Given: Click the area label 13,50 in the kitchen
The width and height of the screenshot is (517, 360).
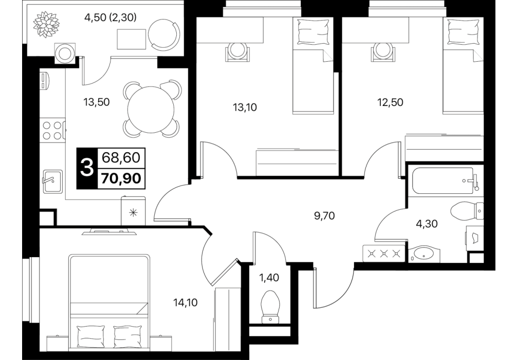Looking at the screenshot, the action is (96, 102).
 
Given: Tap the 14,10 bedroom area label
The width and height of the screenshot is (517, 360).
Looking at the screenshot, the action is (186, 302).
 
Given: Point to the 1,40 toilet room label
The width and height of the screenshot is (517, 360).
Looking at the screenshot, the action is (269, 278).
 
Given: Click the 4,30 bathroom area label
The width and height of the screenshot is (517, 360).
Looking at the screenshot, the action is (427, 224).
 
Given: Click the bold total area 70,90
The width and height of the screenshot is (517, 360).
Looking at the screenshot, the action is (122, 178).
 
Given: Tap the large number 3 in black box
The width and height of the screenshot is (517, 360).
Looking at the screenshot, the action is (87, 168).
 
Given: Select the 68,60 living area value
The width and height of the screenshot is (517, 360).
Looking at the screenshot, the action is (121, 158).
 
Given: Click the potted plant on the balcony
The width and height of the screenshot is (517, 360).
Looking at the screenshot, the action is (47, 24).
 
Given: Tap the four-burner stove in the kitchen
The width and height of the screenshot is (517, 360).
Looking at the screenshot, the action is (53, 130).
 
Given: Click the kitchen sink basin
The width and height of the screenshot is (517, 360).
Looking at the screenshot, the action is (53, 181).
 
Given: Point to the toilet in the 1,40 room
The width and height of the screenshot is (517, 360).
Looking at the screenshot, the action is (270, 307).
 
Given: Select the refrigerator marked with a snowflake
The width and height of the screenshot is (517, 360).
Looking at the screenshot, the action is (133, 211).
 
